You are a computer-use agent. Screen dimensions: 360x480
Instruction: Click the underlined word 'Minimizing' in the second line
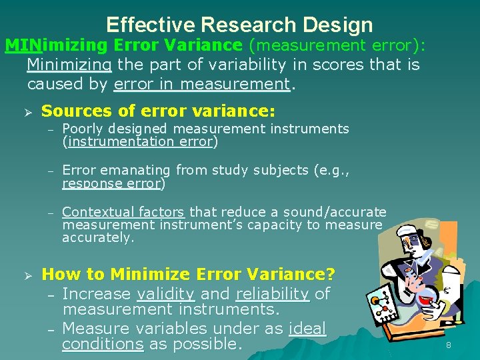[x=69, y=65]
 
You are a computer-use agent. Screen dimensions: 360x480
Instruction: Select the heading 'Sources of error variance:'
[x=158, y=111]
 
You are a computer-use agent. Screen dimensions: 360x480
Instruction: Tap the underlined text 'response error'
[x=111, y=183]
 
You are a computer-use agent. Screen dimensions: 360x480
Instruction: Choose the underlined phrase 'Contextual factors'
[x=123, y=212]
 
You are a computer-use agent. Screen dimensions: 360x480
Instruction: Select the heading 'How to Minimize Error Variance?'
[x=189, y=274]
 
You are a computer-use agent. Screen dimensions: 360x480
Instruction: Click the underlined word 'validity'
[x=165, y=294]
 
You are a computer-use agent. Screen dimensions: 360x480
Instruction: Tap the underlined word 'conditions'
[x=103, y=344]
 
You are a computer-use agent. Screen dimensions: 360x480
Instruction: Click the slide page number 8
[x=448, y=345]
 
